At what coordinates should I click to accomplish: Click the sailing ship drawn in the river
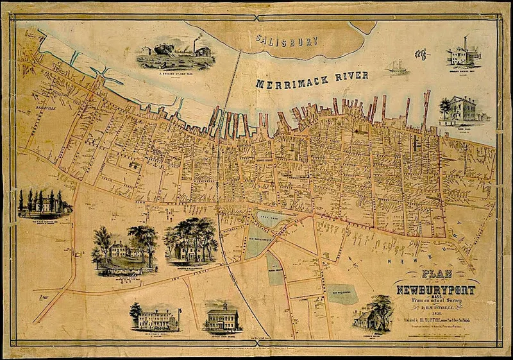[396, 65]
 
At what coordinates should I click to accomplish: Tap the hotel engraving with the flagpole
[155, 316]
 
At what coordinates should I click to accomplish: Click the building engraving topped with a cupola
[221, 317]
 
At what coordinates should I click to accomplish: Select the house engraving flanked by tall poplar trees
[44, 203]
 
